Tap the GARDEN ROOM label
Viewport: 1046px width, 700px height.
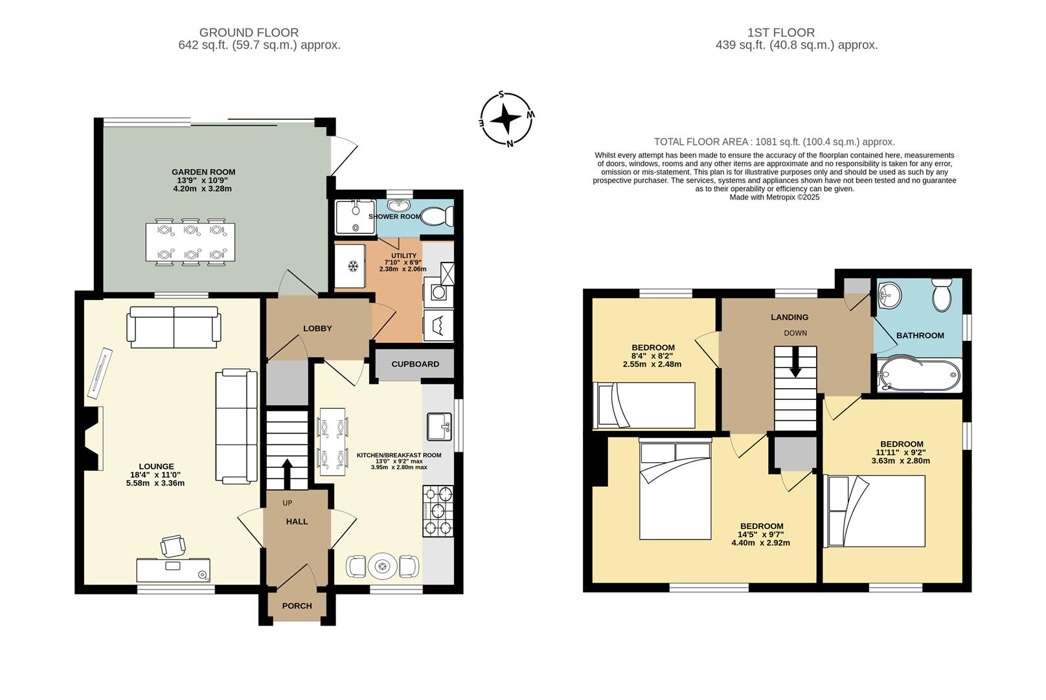(x=203, y=172)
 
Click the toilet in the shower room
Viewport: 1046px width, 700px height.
(x=437, y=216)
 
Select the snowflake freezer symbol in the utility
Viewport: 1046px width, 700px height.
(x=354, y=266)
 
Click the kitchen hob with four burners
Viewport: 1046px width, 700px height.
(x=438, y=511)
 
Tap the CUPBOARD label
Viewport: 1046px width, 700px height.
(x=415, y=364)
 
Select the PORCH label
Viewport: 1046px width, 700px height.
(x=297, y=606)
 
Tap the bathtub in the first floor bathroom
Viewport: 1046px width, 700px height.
(x=919, y=375)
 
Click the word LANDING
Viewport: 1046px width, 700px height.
(x=789, y=317)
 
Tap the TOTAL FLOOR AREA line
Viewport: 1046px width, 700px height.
(x=774, y=141)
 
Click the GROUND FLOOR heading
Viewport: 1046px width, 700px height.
(x=249, y=32)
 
